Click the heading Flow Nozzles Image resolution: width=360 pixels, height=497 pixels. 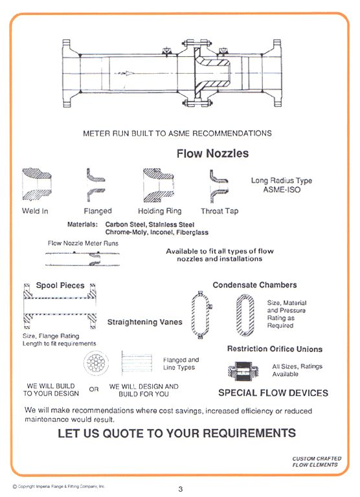212,154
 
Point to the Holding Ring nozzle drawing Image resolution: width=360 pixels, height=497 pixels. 159,184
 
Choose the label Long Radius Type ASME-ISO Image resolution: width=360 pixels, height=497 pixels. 281,185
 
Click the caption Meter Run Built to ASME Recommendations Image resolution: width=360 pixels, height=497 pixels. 177,133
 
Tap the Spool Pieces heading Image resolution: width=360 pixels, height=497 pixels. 60,285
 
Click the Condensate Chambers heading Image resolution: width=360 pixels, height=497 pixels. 254,285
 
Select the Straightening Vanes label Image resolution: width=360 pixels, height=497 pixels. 144,322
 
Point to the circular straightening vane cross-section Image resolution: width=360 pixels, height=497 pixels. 96,364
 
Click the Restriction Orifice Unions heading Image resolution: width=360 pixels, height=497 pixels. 275,349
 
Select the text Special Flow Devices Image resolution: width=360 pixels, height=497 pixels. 273,393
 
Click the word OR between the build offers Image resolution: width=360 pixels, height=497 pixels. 94,390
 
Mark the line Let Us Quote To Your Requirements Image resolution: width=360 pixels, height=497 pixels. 177,433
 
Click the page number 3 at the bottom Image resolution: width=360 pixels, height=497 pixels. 180,489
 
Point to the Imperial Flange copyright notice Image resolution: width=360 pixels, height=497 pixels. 58,486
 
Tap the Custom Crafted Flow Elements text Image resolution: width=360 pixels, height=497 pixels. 315,461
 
